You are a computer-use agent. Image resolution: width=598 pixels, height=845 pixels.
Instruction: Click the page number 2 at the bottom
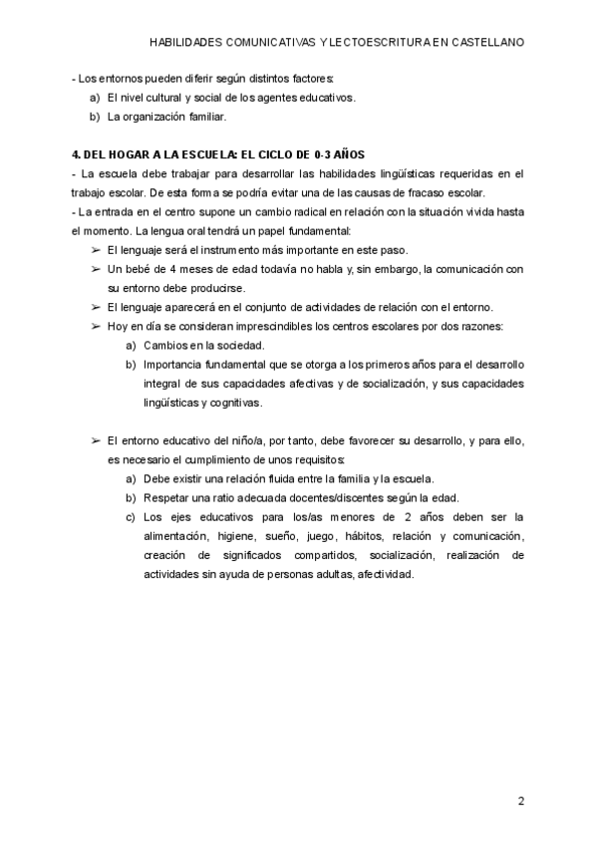point(520,800)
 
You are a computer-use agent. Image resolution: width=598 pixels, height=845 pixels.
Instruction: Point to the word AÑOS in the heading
point(346,154)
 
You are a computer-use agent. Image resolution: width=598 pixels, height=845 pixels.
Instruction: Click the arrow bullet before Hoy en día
point(96,326)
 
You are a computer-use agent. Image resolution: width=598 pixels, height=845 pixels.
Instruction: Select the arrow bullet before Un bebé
point(96,269)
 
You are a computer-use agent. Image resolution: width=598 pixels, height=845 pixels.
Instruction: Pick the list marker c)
point(131,516)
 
